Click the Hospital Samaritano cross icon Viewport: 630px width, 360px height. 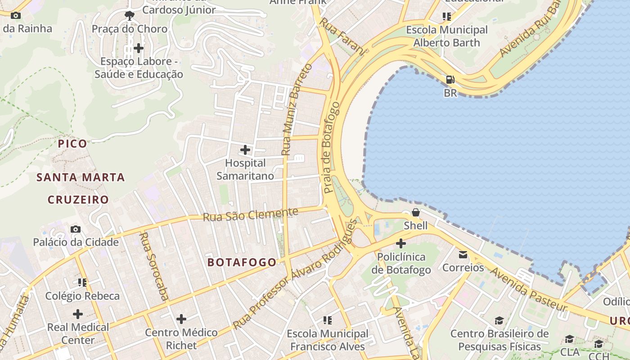tap(245, 149)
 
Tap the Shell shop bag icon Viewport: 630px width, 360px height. tap(416, 212)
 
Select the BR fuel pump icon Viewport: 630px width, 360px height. tap(450, 80)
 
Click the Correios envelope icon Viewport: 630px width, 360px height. tap(463, 255)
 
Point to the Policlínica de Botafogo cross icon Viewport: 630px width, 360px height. tap(401, 244)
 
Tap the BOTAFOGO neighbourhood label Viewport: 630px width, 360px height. tap(242, 262)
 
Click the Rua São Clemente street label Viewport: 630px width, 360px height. tap(251, 215)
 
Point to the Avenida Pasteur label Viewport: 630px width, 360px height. tap(528, 289)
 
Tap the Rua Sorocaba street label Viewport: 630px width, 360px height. tap(154, 266)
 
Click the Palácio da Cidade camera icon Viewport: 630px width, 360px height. tap(76, 229)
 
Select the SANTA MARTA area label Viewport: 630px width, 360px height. tap(81, 177)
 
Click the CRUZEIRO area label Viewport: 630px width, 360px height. tap(78, 199)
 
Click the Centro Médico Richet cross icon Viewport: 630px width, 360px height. tap(181, 319)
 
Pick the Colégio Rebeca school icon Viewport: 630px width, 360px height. tap(82, 283)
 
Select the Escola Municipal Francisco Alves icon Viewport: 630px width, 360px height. tap(328, 320)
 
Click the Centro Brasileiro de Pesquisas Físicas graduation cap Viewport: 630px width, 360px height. tap(499, 321)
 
